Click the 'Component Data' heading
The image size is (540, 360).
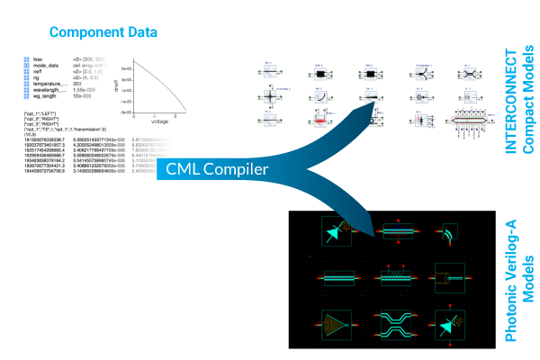[103, 32]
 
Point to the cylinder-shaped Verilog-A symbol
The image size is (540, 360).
[447, 277]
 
